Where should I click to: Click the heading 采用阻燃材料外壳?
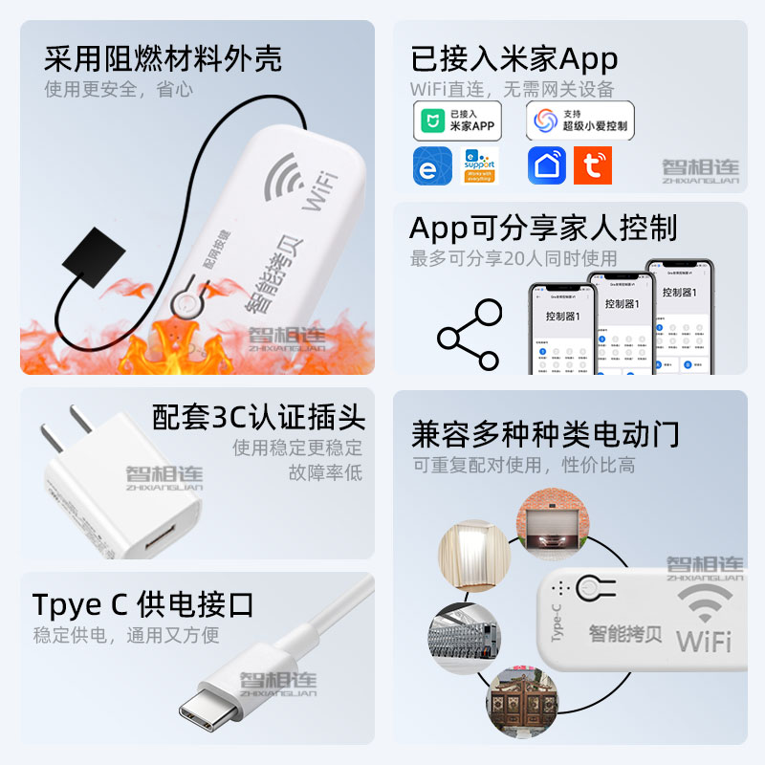click(163, 59)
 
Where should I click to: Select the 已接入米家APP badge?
click(457, 120)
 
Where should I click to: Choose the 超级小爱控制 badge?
click(579, 120)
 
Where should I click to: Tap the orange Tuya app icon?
click(592, 166)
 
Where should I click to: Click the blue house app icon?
click(546, 166)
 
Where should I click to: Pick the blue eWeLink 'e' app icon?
click(432, 166)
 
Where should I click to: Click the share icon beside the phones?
click(469, 336)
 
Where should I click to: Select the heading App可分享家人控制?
click(543, 229)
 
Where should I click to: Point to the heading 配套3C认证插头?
click(258, 418)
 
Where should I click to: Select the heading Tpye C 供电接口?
click(143, 604)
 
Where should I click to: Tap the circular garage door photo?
click(550, 526)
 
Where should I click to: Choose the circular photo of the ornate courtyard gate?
click(521, 703)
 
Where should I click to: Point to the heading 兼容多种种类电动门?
click(545, 434)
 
